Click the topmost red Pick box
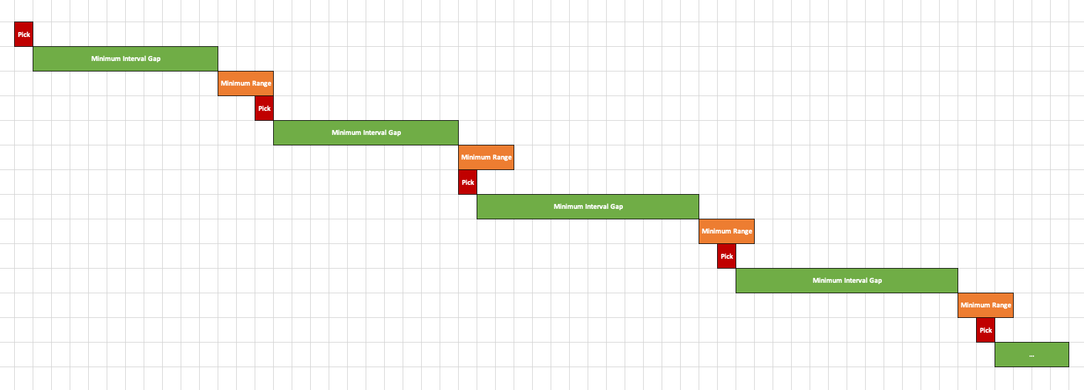coord(23,35)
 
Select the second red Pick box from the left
coord(264,108)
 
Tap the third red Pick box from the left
coord(467,182)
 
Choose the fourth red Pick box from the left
coord(726,256)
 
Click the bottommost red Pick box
coord(985,330)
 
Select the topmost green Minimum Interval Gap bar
coord(125,59)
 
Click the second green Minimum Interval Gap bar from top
coord(366,132)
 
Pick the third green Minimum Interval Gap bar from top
coord(588,206)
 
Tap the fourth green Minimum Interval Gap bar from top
coord(847,280)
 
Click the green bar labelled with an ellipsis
coord(1032,354)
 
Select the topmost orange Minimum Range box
coord(245,83)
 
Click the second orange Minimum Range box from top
coord(486,157)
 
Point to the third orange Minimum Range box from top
coord(726,231)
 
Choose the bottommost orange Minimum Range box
coord(985,305)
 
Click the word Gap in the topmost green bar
coord(154,59)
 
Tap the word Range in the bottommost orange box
coord(1001,305)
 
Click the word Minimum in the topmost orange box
coord(235,83)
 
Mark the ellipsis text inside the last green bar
coord(1032,355)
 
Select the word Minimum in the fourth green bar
coord(827,280)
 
